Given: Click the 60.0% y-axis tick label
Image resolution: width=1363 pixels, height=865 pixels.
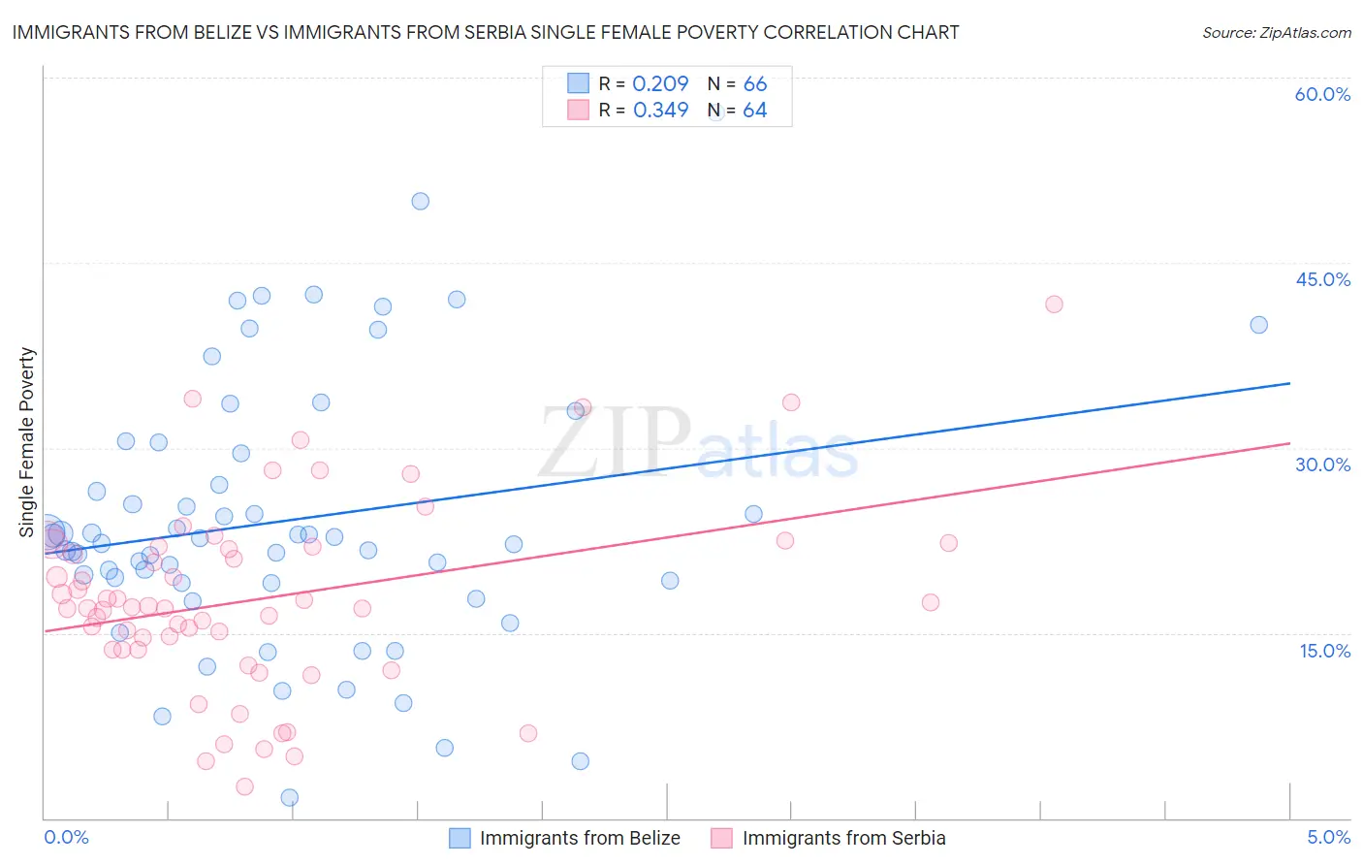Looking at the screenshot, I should click(1322, 94).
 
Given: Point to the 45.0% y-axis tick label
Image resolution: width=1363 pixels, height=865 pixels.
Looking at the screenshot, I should click(1322, 279).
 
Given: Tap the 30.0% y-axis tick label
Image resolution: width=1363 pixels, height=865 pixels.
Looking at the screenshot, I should click(1322, 465).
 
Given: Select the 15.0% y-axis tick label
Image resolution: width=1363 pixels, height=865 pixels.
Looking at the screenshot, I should click(1324, 651).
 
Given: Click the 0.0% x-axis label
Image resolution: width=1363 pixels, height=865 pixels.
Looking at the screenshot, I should click(66, 837).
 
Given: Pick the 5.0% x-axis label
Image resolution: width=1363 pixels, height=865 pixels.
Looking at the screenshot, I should click(1328, 837).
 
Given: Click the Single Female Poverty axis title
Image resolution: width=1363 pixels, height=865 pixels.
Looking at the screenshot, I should click(27, 442).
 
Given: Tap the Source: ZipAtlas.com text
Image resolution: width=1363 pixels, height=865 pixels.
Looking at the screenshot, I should click(1276, 33).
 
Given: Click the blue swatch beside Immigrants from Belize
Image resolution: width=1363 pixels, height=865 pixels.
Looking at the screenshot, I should click(460, 838).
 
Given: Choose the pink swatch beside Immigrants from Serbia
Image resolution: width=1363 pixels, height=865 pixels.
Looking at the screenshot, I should click(721, 838).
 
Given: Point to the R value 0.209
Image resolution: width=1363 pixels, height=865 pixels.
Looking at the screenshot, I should click(660, 84).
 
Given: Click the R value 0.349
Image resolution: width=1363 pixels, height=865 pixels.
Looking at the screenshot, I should click(660, 111).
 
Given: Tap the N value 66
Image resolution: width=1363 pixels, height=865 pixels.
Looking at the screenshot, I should click(754, 84).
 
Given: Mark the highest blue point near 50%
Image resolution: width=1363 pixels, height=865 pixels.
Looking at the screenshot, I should click(420, 202).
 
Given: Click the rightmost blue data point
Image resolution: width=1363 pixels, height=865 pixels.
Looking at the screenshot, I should click(1258, 325).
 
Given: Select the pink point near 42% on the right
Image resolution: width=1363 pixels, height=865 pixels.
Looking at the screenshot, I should click(1054, 304).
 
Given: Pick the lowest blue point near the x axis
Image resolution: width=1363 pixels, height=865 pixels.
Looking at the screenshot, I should click(289, 798).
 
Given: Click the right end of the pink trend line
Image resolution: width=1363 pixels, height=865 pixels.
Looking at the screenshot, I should click(1289, 443).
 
